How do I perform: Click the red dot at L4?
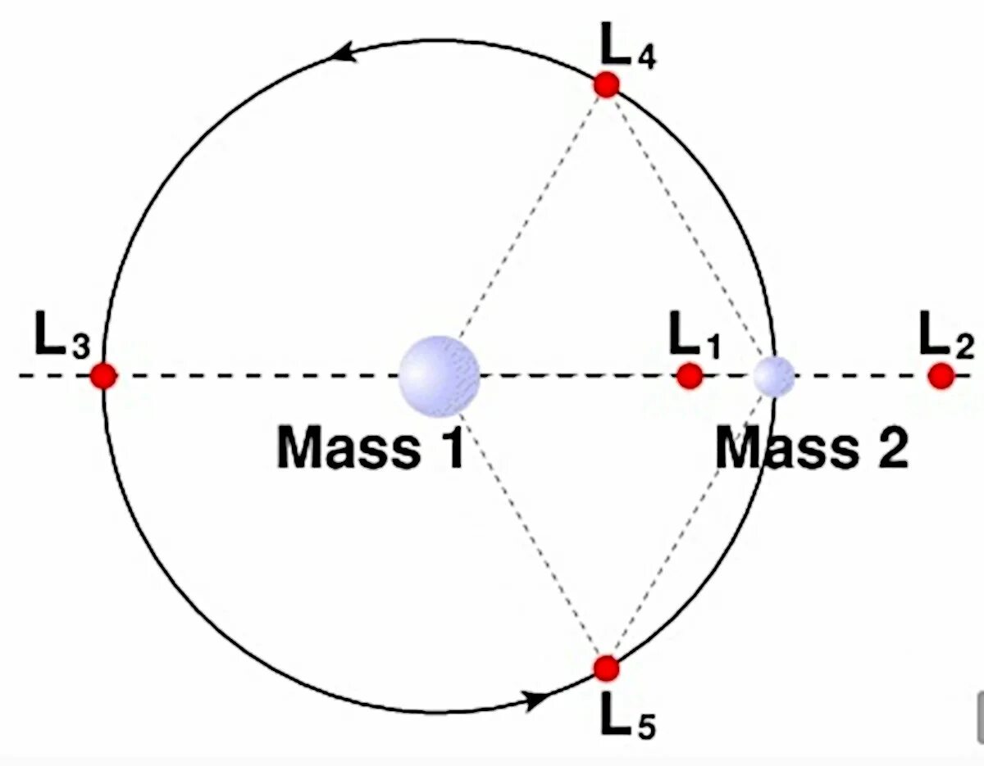click(x=606, y=84)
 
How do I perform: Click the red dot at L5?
click(x=606, y=668)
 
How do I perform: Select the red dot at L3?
click(x=103, y=375)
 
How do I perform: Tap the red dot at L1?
click(x=690, y=375)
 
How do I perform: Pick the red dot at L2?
click(x=941, y=375)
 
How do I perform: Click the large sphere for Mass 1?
click(x=440, y=376)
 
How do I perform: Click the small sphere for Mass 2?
click(x=774, y=376)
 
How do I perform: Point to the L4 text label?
click(x=627, y=49)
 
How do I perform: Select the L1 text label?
click(x=694, y=336)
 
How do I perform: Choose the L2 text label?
click(x=945, y=336)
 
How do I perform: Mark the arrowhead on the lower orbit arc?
click(x=537, y=699)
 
